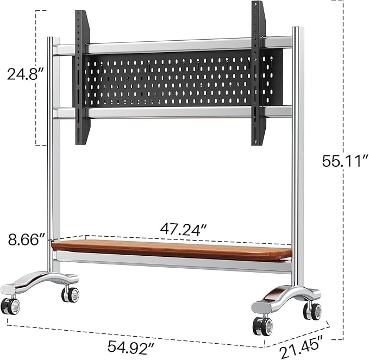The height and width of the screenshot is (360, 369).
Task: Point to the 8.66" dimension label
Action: click(x=25, y=239)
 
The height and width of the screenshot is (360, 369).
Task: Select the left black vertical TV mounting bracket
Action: click(x=82, y=76)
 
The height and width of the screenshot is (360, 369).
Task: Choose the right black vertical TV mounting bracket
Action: click(x=258, y=73)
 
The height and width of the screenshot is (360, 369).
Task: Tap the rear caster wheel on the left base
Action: click(x=70, y=294)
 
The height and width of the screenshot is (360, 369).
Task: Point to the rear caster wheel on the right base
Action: click(x=313, y=311)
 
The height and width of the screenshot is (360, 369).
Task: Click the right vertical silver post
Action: click(x=297, y=163)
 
